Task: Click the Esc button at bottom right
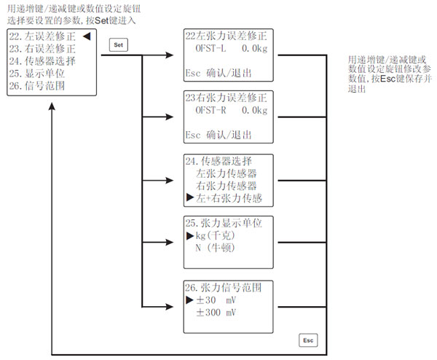[x=308, y=340]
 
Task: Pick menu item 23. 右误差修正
[x=44, y=50]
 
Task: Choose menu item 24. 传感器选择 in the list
[x=44, y=61]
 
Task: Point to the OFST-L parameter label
[x=212, y=48]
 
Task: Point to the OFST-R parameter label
[x=212, y=110]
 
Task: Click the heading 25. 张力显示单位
[x=227, y=223]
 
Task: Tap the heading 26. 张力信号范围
[x=227, y=286]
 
